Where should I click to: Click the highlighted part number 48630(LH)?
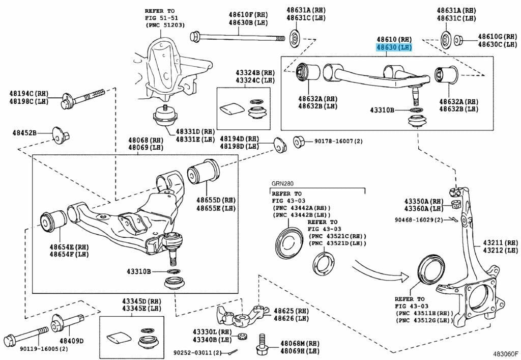point(393,47)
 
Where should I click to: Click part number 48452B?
point(25,133)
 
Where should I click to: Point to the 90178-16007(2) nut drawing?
point(299,141)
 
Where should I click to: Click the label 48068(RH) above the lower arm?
point(146,140)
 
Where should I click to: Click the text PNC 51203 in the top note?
point(165,25)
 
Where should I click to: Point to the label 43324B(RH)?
point(255,73)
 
